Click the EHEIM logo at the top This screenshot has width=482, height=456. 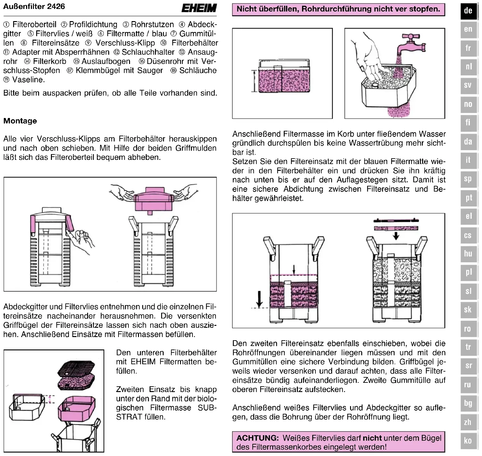[x=199, y=8]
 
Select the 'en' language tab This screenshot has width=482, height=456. [x=468, y=29]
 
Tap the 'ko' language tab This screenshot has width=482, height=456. [x=468, y=441]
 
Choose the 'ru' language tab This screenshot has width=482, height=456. [x=468, y=385]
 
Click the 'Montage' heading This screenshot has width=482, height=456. [x=20, y=121]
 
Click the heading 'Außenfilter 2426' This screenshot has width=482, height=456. [x=34, y=6]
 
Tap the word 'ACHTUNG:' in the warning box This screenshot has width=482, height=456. [x=257, y=438]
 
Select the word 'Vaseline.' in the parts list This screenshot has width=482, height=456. [x=29, y=80]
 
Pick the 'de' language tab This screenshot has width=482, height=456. [x=468, y=11]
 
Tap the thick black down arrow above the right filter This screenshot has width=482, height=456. [x=396, y=236]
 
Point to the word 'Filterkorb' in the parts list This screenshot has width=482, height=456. [x=50, y=61]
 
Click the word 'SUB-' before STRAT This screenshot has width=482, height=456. [x=207, y=408]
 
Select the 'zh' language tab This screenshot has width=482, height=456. [x=468, y=422]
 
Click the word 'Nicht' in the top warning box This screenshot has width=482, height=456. [x=248, y=9]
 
